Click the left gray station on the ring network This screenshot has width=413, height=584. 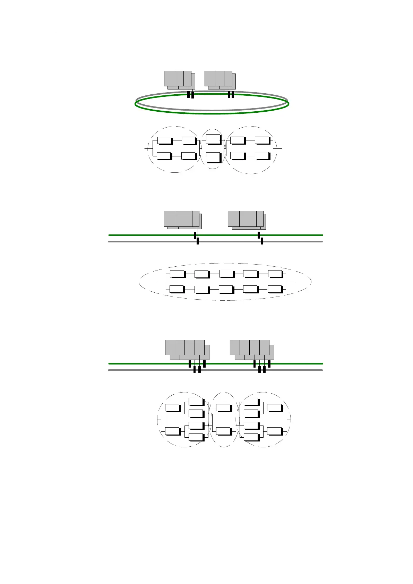click(x=178, y=79)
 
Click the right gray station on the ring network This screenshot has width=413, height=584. click(x=218, y=79)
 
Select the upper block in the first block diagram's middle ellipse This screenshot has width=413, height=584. click(x=213, y=139)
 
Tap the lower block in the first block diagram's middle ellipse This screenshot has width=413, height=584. click(x=213, y=157)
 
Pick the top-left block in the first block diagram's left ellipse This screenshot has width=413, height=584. click(x=165, y=140)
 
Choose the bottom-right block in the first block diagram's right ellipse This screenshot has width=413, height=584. click(x=262, y=155)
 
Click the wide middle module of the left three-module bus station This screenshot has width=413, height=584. click(x=183, y=218)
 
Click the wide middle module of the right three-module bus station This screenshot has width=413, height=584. click(x=248, y=218)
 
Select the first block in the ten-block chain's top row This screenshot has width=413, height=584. click(x=177, y=274)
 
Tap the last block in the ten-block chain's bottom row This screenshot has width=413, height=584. click(x=275, y=289)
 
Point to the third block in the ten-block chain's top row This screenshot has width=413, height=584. click(x=226, y=273)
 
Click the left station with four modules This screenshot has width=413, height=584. click(x=185, y=347)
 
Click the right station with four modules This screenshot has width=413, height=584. click(x=250, y=347)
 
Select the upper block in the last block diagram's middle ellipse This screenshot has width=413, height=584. click(x=223, y=408)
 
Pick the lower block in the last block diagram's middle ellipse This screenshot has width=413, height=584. click(x=223, y=431)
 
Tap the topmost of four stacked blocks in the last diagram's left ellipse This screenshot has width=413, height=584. click(x=196, y=402)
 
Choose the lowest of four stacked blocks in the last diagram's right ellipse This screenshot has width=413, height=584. click(x=251, y=437)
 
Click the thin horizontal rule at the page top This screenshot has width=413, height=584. click(x=203, y=33)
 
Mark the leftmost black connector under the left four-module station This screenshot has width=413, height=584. click(x=190, y=364)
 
